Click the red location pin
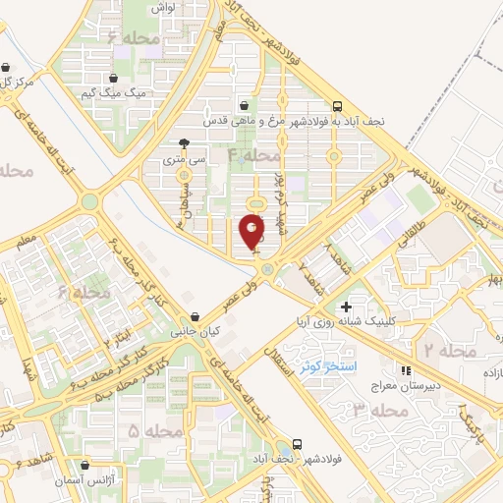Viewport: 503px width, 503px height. pos(252,230)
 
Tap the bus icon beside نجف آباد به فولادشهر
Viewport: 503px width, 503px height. pos(338,106)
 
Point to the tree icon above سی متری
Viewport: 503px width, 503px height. pos(184,142)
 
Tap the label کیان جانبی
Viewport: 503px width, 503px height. pos(196,332)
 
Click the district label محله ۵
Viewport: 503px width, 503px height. pos(155,431)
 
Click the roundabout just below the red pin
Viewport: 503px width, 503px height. pos(266,269)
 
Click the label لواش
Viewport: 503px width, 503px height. pos(163,7)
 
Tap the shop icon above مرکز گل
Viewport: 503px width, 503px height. pos(7,69)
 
